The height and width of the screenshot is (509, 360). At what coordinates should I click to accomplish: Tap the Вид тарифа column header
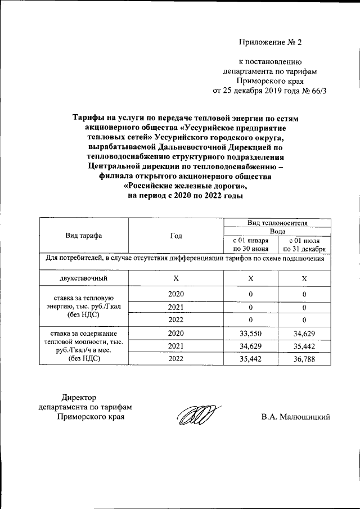[x=84, y=236]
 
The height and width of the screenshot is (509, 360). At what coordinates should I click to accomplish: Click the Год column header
[x=176, y=236]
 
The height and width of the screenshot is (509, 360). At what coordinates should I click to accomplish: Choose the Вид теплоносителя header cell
[x=277, y=223]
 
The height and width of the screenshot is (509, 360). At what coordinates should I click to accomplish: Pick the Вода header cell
[x=277, y=231]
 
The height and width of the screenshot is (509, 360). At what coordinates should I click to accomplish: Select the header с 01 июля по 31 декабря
[x=304, y=245]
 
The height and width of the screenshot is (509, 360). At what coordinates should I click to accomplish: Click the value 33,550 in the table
[x=251, y=334]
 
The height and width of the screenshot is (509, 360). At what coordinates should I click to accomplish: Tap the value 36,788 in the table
[x=304, y=358]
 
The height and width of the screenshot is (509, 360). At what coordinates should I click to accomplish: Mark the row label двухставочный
[x=84, y=278]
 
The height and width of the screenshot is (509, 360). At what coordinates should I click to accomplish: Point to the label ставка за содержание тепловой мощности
[x=84, y=345]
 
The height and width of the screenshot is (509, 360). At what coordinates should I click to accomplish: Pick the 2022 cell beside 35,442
[x=176, y=358]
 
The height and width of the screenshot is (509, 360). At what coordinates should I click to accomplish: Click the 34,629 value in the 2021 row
[x=251, y=345]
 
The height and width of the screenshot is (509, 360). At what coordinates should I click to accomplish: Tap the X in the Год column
[x=176, y=278]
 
